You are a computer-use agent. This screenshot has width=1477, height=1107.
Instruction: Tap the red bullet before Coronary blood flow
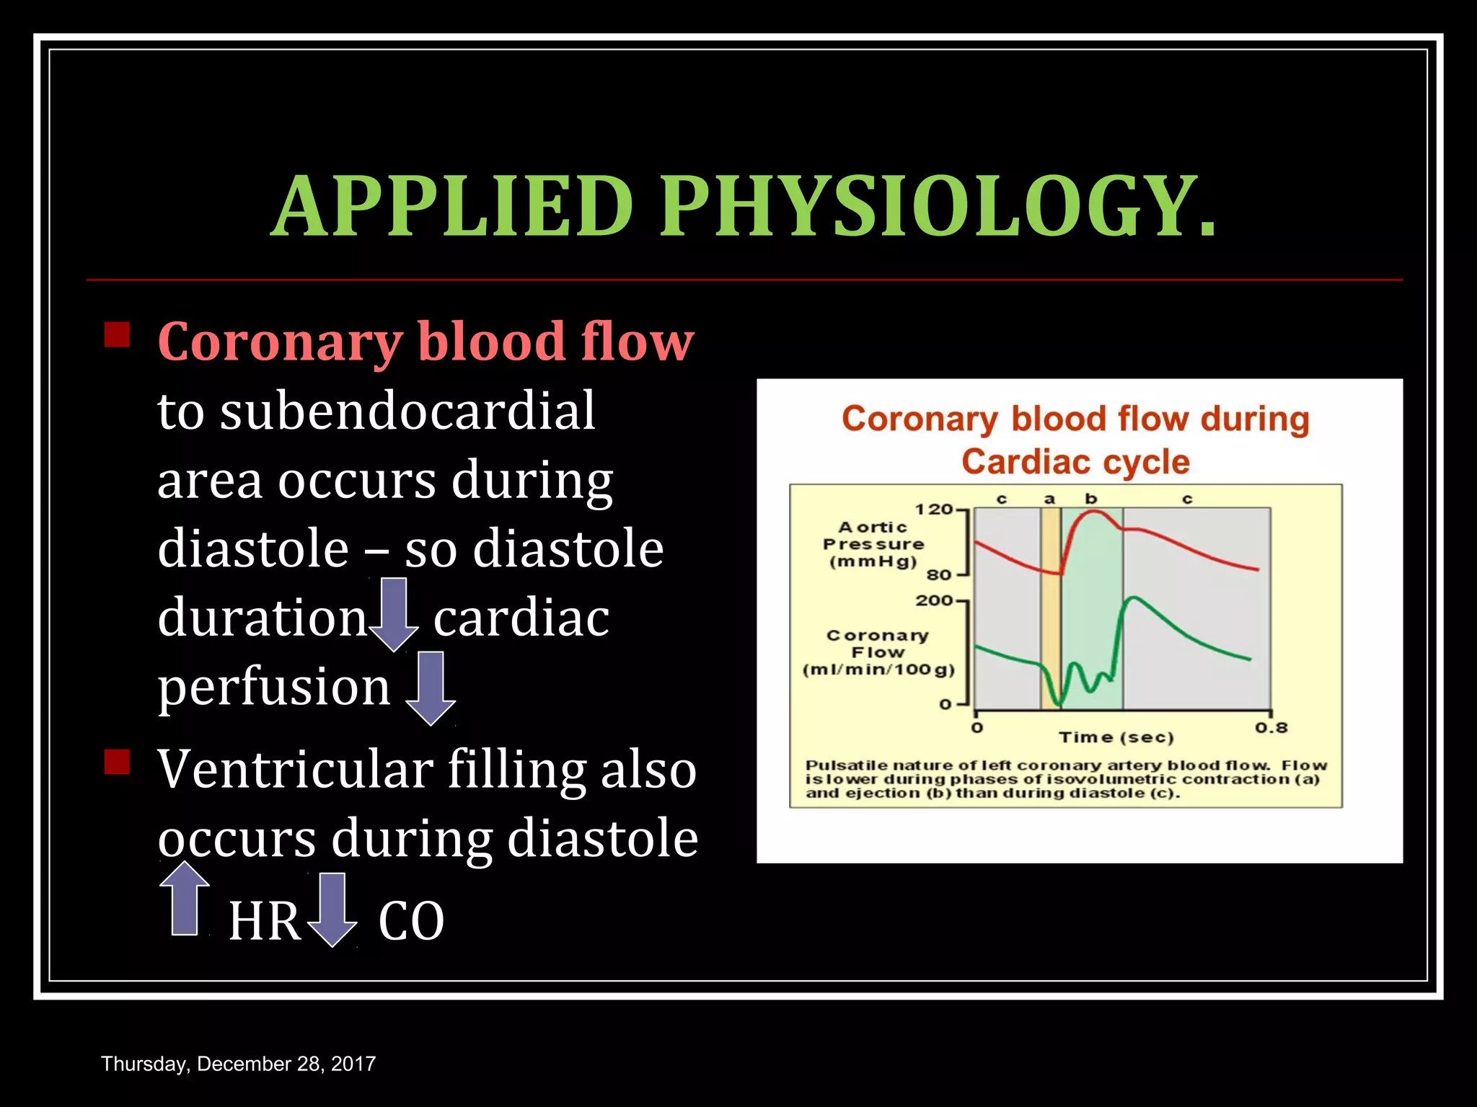pos(117,335)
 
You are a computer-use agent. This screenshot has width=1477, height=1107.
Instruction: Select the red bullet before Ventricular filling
pos(117,762)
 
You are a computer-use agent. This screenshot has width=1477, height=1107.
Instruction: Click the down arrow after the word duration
pos(394,615)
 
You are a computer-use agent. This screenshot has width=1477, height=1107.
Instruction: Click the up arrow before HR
pos(185,899)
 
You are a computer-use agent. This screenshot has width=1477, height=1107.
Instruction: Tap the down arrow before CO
pos(332,910)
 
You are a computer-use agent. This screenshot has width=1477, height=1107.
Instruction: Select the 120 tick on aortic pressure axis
pos(935,510)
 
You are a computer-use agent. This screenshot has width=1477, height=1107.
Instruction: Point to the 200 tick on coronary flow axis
pos(935,600)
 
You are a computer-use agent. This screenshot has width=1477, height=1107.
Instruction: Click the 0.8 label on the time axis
pos(1271,727)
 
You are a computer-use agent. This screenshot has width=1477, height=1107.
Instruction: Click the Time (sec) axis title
pos(1116,737)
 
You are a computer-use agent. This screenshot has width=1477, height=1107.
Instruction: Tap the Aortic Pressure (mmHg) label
pos(873,544)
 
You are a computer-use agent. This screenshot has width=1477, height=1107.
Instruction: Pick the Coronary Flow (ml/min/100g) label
pos(878,652)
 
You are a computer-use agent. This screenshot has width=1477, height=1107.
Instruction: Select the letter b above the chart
pos(1091,499)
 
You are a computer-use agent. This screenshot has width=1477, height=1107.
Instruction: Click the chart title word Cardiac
pos(1027,462)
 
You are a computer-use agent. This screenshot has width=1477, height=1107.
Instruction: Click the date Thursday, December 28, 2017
pos(238,1064)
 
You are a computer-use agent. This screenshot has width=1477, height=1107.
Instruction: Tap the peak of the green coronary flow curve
pos(1133,597)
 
